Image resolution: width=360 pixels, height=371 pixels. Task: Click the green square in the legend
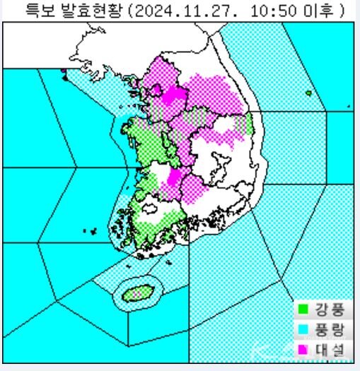point(303,309)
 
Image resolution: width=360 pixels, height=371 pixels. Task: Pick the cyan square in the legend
point(303,329)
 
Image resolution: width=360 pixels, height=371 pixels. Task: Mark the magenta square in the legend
point(303,348)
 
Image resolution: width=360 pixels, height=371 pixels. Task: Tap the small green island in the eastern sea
point(308,93)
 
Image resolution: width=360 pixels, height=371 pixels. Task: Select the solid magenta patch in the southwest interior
point(170,182)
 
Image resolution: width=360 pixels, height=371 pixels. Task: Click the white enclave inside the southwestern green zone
point(151,208)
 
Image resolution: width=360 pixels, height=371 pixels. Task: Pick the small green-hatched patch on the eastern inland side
point(245,124)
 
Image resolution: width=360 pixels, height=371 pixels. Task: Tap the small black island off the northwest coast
point(66,78)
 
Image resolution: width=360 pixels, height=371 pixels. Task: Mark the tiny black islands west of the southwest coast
point(91,230)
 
